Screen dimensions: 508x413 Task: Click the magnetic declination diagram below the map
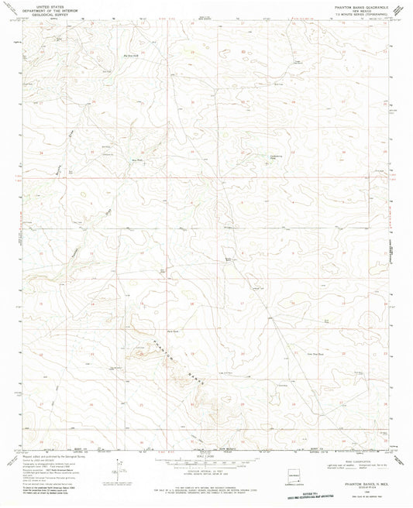pyautogui.click(x=118, y=470)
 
